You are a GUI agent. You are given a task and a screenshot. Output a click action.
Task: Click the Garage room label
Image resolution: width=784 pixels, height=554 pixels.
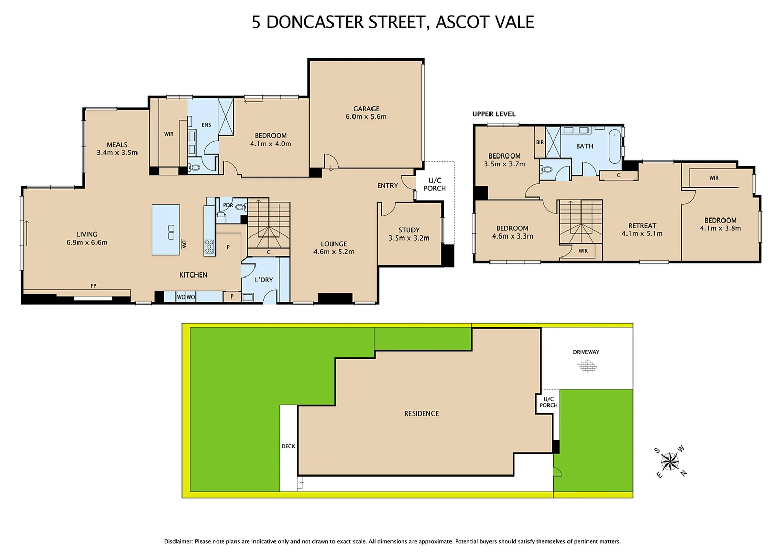click(x=366, y=109)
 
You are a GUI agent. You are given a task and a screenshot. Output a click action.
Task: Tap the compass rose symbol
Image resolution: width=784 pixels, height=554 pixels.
click(x=670, y=462)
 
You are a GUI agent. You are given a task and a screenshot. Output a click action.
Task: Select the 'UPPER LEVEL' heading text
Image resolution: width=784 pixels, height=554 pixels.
click(x=494, y=114)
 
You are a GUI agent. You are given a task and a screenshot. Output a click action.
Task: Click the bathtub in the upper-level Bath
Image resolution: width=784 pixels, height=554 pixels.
click(x=614, y=147)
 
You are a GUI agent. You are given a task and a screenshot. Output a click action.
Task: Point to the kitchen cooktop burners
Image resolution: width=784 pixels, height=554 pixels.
click(x=209, y=247)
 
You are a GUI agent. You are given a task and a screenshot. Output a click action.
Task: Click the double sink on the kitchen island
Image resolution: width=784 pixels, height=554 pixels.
click(x=171, y=232)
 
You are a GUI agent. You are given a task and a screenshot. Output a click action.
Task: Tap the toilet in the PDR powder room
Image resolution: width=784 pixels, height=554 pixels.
click(x=241, y=207)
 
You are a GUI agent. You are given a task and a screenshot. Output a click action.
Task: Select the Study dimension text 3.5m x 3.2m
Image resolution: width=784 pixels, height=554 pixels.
click(x=409, y=238)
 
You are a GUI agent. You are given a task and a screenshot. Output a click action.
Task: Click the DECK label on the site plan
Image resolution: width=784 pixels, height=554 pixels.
click(x=288, y=446)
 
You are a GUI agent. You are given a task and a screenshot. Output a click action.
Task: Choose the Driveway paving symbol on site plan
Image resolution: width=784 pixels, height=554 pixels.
click(x=586, y=366)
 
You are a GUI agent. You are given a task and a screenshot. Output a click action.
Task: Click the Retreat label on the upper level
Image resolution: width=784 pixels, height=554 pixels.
click(x=642, y=226)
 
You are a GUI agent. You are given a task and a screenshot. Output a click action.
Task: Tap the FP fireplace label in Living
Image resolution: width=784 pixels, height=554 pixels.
click(x=93, y=286)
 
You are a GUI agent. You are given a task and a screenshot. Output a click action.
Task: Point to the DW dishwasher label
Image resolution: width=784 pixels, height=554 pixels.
click(x=184, y=245)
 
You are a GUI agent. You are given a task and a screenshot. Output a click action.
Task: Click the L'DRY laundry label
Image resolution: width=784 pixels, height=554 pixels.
click(x=264, y=280)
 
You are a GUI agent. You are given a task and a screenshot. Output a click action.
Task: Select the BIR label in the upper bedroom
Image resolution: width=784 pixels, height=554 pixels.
click(x=540, y=142)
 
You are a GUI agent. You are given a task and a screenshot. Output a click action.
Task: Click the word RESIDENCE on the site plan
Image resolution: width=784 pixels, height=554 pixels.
click(x=421, y=413)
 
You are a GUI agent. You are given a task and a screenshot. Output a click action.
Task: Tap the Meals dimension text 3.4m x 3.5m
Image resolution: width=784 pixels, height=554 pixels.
click(x=117, y=153)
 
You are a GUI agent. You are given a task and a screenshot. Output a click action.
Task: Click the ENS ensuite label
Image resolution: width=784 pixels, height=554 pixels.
click(x=206, y=125)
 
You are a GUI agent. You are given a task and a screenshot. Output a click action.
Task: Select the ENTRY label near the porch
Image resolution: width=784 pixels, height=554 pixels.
click(x=387, y=186)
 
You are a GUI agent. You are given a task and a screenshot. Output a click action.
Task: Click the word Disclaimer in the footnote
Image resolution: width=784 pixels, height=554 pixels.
click(x=178, y=541)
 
